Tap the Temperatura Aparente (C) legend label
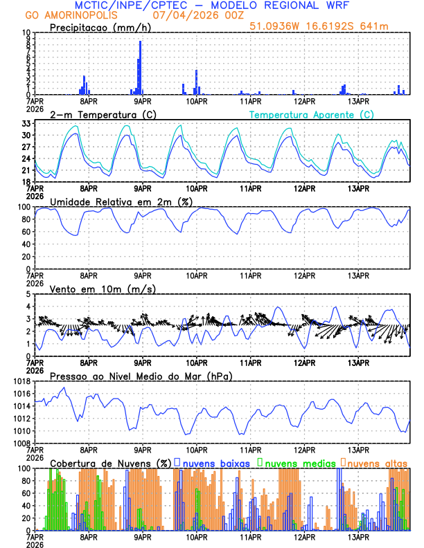click(x=311, y=114)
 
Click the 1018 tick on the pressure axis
click(x=23, y=381)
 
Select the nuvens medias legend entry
click(x=294, y=463)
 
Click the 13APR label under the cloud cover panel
click(x=357, y=536)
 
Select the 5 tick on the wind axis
click(x=28, y=294)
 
